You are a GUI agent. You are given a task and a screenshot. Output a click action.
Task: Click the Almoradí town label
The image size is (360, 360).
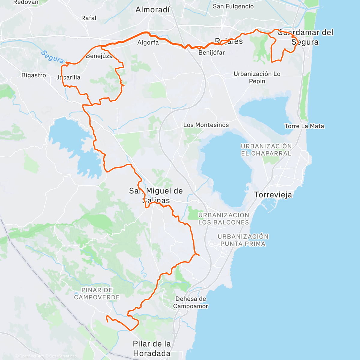152,10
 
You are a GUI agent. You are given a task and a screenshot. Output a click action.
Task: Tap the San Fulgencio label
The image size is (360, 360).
233,6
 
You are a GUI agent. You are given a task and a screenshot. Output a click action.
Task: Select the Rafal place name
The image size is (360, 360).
89,18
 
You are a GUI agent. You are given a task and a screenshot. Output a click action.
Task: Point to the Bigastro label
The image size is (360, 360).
34,75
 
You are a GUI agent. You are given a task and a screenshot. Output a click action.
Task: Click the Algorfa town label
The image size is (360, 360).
148,43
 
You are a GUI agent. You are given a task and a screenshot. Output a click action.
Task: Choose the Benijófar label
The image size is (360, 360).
211,53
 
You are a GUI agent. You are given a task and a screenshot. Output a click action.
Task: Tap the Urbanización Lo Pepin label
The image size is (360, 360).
257,77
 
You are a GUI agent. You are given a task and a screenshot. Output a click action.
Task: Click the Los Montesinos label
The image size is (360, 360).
206,125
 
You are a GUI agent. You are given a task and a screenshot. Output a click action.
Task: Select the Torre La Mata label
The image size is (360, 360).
304,126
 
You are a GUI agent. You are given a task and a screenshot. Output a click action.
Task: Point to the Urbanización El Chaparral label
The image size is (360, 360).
266,150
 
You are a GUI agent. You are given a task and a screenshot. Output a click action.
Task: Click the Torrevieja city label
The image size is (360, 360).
273,195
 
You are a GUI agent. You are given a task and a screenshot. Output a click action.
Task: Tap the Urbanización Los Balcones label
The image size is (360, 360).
224,219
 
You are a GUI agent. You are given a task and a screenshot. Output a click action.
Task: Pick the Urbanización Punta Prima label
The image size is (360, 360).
243,240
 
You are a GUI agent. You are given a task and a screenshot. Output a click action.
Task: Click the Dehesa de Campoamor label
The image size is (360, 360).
191,302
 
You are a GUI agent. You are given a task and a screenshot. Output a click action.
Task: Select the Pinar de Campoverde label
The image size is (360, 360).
97,294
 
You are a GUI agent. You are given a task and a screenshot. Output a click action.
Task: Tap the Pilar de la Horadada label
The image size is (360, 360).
152,349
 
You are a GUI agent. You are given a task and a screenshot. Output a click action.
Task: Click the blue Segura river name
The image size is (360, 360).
52,56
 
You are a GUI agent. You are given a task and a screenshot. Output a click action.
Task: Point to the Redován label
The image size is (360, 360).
26,2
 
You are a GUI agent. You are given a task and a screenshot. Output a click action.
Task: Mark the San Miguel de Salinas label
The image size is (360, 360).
156,195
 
